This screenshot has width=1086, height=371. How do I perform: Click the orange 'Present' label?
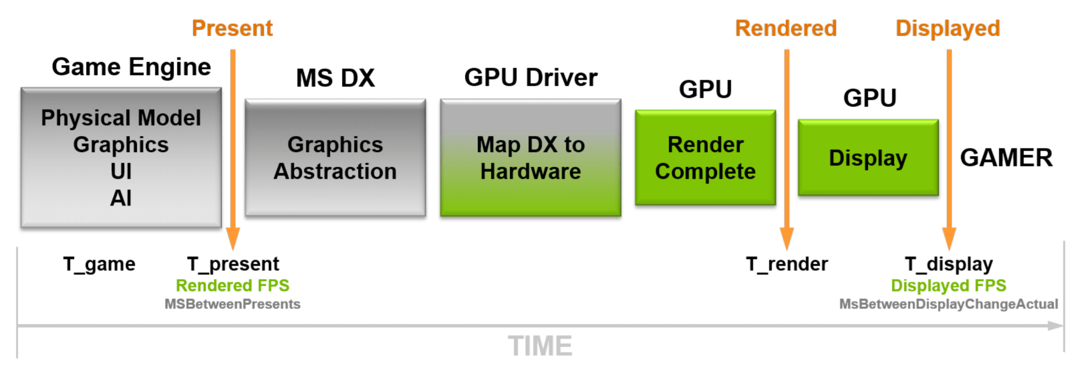click(232, 29)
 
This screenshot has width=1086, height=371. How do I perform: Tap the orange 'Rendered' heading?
click(786, 29)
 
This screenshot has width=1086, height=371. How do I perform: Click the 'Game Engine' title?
click(131, 67)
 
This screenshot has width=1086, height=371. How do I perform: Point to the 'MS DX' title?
click(335, 78)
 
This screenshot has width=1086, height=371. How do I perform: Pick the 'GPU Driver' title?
click(531, 78)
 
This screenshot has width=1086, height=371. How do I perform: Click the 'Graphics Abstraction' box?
click(335, 158)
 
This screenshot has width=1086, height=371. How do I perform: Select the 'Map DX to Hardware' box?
click(531, 158)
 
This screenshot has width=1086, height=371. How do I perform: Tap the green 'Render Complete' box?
click(705, 158)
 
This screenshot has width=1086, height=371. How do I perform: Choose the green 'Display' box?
click(868, 158)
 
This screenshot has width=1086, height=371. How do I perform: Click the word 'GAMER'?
click(1006, 158)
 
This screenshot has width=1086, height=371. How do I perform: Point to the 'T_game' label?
click(99, 264)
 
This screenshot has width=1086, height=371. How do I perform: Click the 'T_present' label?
click(233, 264)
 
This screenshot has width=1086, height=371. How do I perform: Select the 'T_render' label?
click(786, 264)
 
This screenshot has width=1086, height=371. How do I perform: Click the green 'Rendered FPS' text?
click(232, 286)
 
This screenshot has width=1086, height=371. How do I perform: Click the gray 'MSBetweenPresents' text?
click(232, 304)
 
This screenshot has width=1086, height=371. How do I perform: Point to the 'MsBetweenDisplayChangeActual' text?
click(948, 304)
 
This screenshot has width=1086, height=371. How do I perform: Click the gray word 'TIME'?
click(540, 346)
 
